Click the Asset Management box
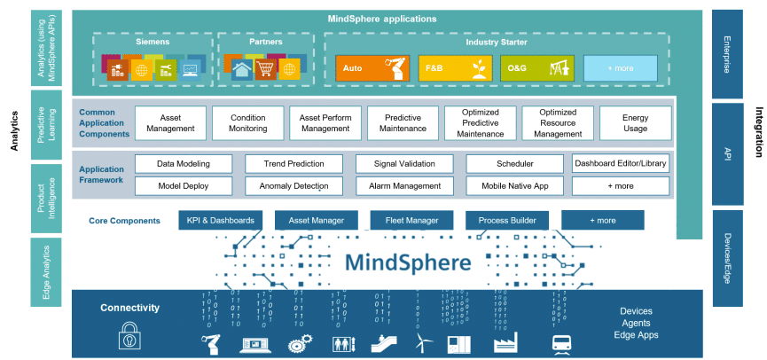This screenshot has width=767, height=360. click(170, 122)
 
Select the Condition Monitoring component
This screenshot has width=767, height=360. click(247, 122)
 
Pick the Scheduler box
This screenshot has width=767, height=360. click(513, 164)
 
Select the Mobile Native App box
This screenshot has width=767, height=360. click(513, 186)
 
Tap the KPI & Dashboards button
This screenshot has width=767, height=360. click(220, 220)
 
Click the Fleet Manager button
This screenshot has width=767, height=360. click(411, 220)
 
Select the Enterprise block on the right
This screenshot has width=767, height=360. click(727, 53)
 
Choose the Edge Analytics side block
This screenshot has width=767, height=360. click(45, 270)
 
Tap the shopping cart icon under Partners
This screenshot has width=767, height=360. click(265, 68)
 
